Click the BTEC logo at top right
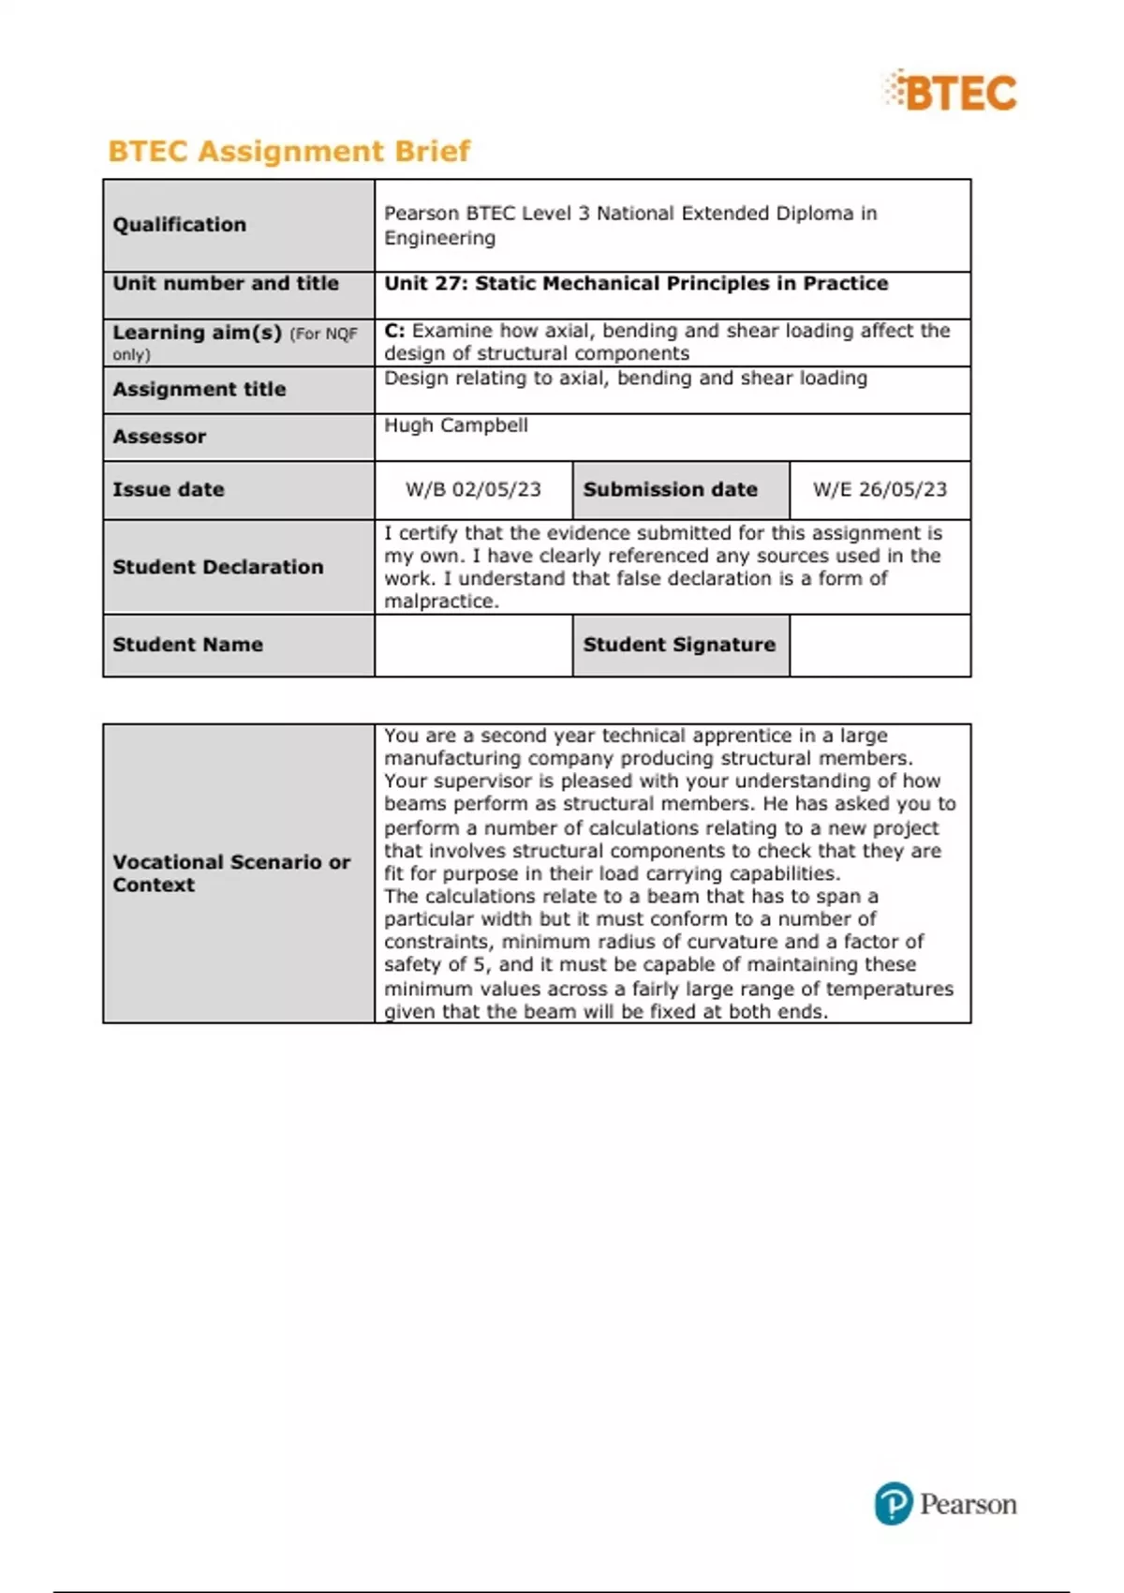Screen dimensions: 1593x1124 pyautogui.click(x=951, y=92)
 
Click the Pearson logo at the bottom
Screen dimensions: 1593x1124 pyautogui.click(x=945, y=1503)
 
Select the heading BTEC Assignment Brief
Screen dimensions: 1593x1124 pyautogui.click(x=288, y=151)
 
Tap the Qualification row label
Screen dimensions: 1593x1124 pyautogui.click(x=179, y=225)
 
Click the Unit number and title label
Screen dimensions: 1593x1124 pyautogui.click(x=226, y=283)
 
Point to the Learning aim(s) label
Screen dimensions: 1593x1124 pyautogui.click(x=197, y=333)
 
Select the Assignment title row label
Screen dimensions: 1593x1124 pyautogui.click(x=200, y=389)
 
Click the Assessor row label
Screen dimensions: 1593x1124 pyautogui.click(x=159, y=437)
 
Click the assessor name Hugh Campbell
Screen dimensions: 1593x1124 pyautogui.click(x=456, y=425)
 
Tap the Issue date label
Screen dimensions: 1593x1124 pyautogui.click(x=169, y=489)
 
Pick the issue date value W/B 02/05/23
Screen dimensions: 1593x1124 pyautogui.click(x=473, y=489)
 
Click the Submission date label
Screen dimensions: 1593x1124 pyautogui.click(x=670, y=489)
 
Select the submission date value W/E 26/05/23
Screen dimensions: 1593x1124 pyautogui.click(x=880, y=489)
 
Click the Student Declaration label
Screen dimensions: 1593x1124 pyautogui.click(x=217, y=567)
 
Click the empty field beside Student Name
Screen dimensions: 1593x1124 pyautogui.click(x=473, y=645)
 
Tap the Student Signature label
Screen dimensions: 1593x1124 pyautogui.click(x=679, y=645)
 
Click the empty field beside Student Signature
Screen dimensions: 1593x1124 pyautogui.click(x=880, y=645)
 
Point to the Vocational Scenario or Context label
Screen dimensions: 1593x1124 pyautogui.click(x=231, y=872)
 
